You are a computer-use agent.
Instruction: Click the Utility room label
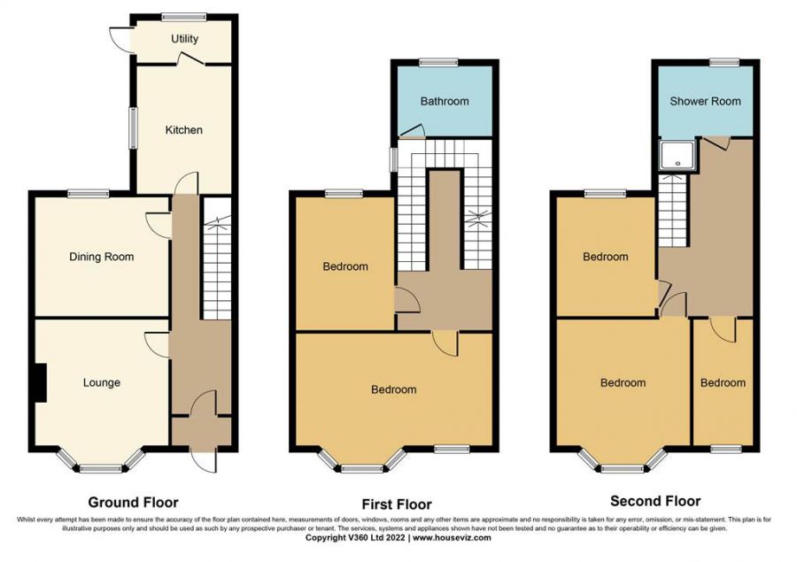pyautogui.click(x=184, y=39)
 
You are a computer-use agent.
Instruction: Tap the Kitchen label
pyautogui.click(x=184, y=130)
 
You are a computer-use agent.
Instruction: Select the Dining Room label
pyautogui.click(x=102, y=257)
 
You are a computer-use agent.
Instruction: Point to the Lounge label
pyautogui.click(x=102, y=382)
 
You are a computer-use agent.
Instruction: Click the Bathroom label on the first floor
pyautogui.click(x=445, y=101)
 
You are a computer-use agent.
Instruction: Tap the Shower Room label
pyautogui.click(x=705, y=101)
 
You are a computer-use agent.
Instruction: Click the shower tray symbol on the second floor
pyautogui.click(x=677, y=156)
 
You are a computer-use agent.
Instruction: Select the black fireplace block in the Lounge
pyautogui.click(x=40, y=382)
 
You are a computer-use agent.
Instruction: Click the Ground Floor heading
pyautogui.click(x=133, y=503)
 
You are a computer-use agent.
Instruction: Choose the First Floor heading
pyautogui.click(x=397, y=504)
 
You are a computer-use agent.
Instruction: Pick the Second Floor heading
pyautogui.click(x=655, y=502)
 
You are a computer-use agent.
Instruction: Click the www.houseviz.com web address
pyautogui.click(x=452, y=537)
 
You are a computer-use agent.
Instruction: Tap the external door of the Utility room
pyautogui.click(x=122, y=39)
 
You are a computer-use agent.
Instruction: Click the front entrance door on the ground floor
pyautogui.click(x=205, y=460)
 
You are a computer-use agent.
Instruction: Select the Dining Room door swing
pyautogui.click(x=159, y=226)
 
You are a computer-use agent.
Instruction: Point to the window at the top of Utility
pyautogui.click(x=184, y=17)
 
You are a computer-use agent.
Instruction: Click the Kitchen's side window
pyautogui.click(x=133, y=127)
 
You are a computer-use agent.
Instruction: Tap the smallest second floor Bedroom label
pyautogui.click(x=723, y=382)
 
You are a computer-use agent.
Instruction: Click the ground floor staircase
pyautogui.click(x=217, y=258)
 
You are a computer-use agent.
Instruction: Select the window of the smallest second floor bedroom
pyautogui.click(x=726, y=449)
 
